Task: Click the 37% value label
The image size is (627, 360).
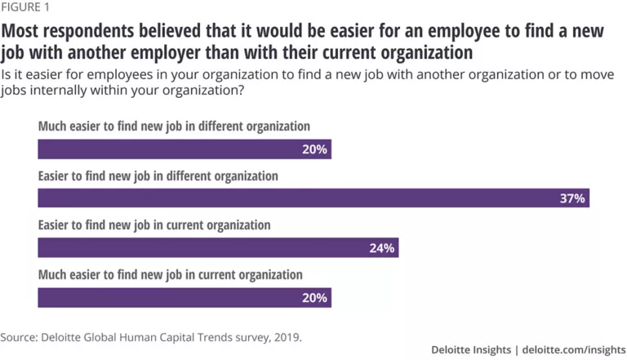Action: [x=571, y=198]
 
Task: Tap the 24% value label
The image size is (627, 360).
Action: [x=381, y=247]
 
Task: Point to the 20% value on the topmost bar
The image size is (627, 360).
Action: [x=313, y=149]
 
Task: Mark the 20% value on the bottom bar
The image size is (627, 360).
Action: [x=313, y=297]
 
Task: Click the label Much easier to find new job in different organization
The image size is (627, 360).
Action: [x=174, y=127]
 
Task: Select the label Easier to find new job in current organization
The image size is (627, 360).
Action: [x=154, y=224]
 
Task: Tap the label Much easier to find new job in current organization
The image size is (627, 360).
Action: [x=170, y=274]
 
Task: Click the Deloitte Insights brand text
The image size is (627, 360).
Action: [x=471, y=349]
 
